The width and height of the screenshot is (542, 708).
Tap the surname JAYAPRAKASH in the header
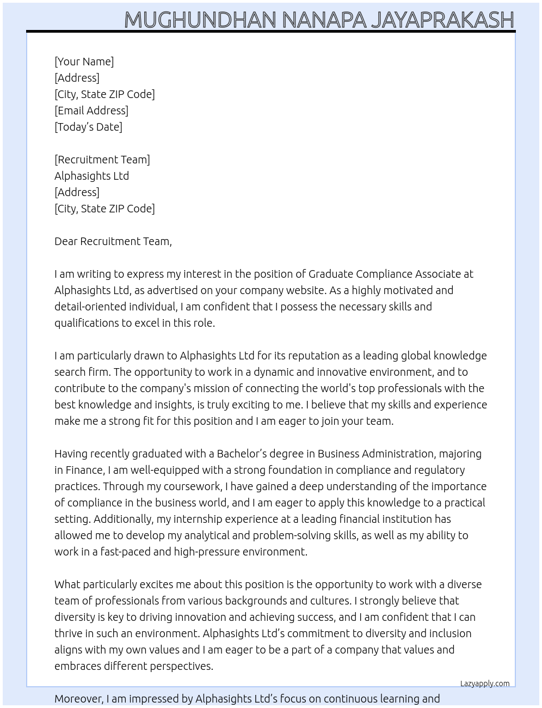tap(442, 20)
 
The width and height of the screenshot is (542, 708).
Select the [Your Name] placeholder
tap(84, 62)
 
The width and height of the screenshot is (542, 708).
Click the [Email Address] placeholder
tap(91, 111)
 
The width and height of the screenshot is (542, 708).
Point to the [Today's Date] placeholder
tap(88, 127)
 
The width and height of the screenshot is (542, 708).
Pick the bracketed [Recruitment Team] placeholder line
tap(102, 160)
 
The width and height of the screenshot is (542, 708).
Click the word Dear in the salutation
tap(66, 241)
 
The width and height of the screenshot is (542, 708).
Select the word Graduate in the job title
tap(332, 274)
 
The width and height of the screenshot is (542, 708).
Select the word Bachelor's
tap(242, 454)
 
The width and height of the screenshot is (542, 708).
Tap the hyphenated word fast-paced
tap(125, 552)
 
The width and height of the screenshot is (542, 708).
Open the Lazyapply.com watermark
tap(485, 683)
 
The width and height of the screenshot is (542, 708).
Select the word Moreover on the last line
tap(78, 699)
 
